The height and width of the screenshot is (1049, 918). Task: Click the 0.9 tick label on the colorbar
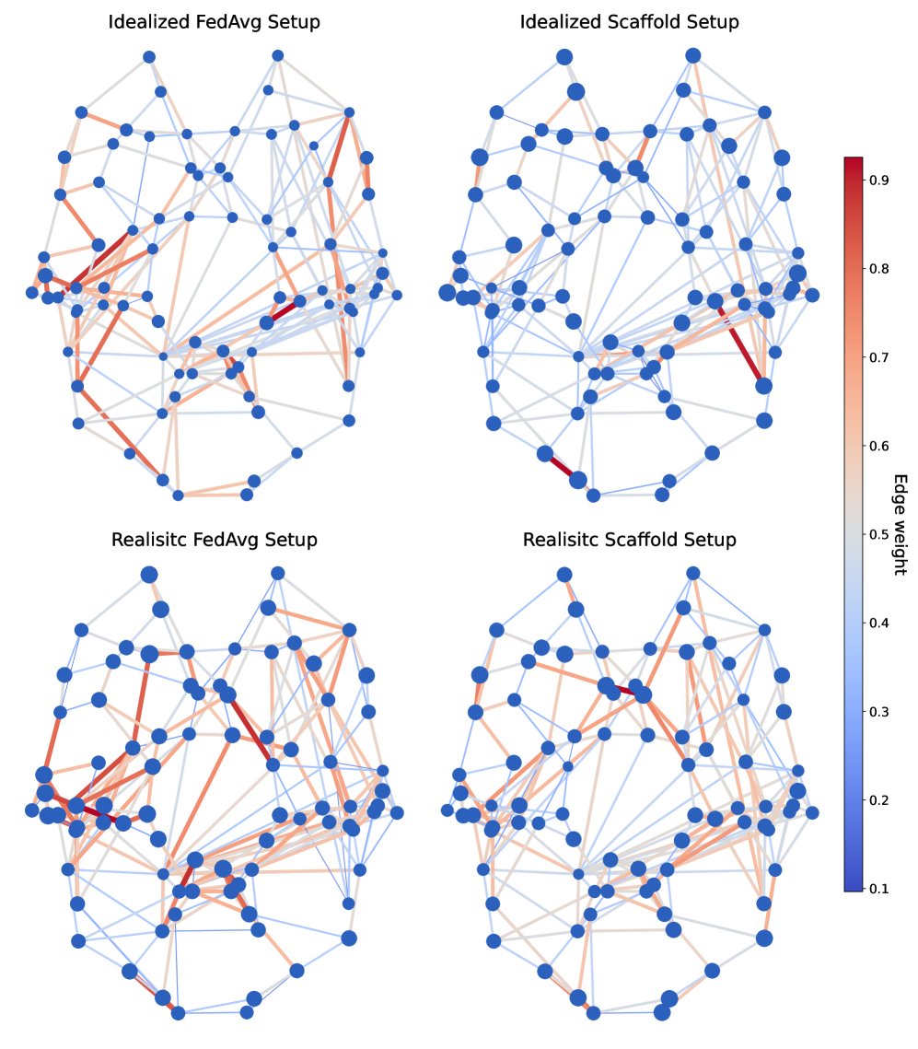point(877,181)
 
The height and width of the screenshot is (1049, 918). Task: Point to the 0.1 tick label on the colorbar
point(877,888)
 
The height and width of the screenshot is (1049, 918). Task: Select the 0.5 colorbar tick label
point(877,534)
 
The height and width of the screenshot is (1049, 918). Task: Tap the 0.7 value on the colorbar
point(877,357)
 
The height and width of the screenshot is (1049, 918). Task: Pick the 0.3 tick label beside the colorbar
point(877,711)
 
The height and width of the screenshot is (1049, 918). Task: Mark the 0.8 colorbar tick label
point(877,269)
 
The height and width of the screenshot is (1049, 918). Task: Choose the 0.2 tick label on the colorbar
point(877,799)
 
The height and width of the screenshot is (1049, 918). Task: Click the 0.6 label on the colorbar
point(877,446)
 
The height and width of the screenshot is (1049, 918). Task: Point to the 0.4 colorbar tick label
point(877,623)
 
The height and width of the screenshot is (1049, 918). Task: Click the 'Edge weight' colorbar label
point(901,525)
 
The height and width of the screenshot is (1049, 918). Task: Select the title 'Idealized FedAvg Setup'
point(215,22)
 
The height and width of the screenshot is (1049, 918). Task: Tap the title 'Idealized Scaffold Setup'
point(630,22)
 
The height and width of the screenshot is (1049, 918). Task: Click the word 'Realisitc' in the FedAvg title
point(149,540)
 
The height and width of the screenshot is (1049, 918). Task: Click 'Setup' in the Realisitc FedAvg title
point(290,540)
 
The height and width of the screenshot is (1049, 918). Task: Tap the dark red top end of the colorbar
point(854,163)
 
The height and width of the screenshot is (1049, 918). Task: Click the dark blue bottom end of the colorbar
point(854,885)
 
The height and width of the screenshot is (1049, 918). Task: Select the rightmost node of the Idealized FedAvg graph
point(397,295)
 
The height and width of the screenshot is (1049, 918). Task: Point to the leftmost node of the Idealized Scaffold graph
point(447,293)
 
